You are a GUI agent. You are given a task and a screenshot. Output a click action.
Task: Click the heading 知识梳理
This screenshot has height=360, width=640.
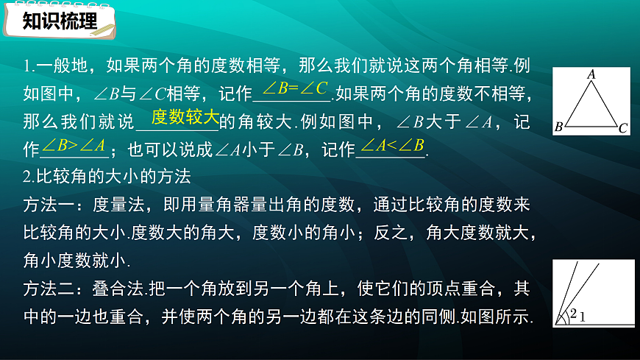(x=60, y=21)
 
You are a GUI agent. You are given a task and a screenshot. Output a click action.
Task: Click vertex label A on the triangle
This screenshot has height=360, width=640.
(x=591, y=74)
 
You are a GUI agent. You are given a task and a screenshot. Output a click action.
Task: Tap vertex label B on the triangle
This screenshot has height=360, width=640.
(x=559, y=127)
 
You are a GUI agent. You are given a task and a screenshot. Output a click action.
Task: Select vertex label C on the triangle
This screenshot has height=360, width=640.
(x=622, y=128)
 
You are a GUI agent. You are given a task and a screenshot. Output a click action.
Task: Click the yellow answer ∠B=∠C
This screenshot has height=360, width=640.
(x=294, y=90)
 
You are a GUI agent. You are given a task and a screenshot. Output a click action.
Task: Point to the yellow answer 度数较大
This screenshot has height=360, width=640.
(x=185, y=116)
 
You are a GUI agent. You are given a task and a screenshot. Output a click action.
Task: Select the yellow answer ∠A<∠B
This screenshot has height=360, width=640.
(x=393, y=145)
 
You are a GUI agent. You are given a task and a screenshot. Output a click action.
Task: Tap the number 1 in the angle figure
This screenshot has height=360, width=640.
(x=581, y=317)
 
